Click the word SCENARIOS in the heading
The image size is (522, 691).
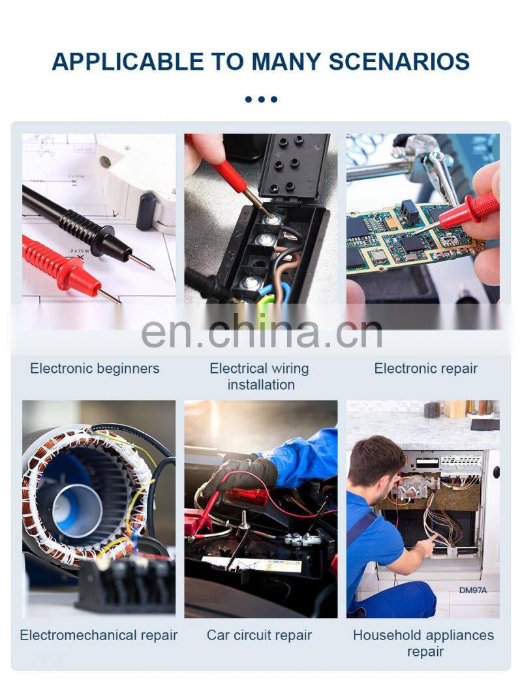(399, 62)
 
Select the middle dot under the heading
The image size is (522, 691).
(261, 99)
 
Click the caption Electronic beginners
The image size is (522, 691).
(95, 368)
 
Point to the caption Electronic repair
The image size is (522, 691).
(426, 368)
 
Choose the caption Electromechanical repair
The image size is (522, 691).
(99, 635)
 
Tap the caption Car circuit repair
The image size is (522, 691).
(259, 635)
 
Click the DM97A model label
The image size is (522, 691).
(473, 590)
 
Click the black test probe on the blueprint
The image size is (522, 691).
(80, 227)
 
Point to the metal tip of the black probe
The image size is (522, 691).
(142, 263)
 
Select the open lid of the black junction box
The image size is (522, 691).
(294, 167)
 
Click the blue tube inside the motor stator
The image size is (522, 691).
(77, 511)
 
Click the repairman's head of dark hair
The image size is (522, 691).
(376, 458)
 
